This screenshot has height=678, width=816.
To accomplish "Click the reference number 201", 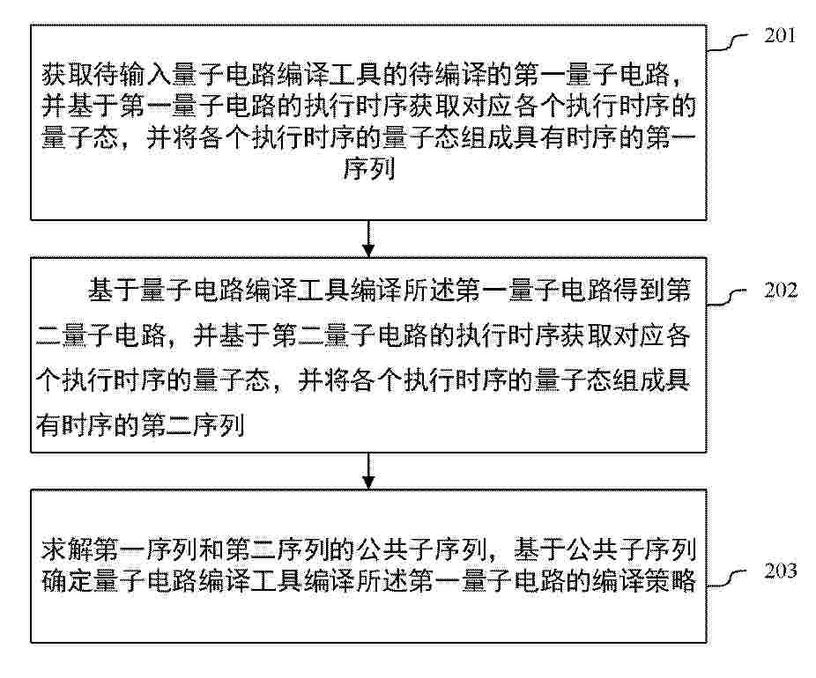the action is tap(780, 35).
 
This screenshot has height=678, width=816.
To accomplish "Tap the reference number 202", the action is tap(780, 290).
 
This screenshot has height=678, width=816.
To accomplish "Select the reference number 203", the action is tap(780, 571).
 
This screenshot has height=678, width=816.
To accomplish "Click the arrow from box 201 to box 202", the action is tap(368, 239).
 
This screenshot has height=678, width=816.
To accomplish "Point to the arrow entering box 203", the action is tap(368, 471).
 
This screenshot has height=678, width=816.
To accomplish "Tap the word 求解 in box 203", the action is tap(68, 549).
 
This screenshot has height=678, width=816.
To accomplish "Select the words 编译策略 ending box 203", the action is tap(644, 581).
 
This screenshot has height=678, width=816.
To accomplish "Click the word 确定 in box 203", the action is tap(68, 581).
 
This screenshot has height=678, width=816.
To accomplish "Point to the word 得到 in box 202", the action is tap(638, 290).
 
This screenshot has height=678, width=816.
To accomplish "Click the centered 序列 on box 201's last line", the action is tap(368, 169).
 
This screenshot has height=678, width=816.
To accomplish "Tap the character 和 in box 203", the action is tap(212, 549).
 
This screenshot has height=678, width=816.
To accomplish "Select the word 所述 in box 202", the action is tap(428, 290).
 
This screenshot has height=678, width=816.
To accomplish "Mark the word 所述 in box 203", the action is tap(382, 581).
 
